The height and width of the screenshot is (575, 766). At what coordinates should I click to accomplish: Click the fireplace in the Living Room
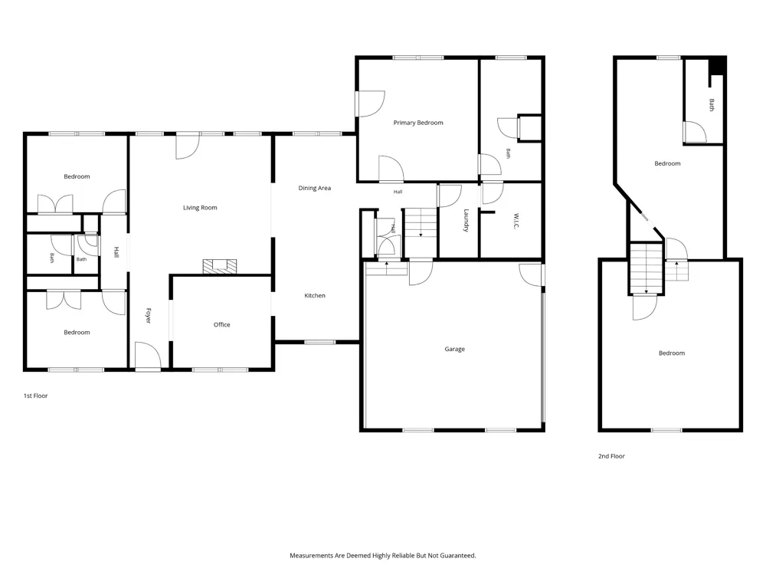click(x=220, y=266)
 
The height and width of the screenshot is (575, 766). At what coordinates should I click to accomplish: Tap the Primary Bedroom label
click(x=418, y=123)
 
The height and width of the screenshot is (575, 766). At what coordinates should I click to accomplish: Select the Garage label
click(x=454, y=349)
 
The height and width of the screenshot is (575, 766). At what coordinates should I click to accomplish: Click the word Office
click(x=222, y=324)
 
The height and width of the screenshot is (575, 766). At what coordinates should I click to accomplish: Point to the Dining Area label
click(x=315, y=189)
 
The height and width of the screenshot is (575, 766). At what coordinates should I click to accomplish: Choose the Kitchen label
click(x=315, y=295)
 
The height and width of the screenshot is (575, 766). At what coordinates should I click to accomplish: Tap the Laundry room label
click(x=466, y=221)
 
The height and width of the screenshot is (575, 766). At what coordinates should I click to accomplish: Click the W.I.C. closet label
click(x=517, y=221)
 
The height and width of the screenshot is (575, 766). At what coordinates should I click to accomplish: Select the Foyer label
click(x=149, y=315)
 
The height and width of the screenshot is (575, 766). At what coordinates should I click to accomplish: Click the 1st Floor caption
click(x=36, y=396)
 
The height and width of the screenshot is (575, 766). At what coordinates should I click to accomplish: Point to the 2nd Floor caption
click(x=611, y=456)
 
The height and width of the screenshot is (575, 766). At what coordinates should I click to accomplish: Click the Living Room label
click(x=200, y=208)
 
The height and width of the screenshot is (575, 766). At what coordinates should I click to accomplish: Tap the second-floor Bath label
click(x=712, y=105)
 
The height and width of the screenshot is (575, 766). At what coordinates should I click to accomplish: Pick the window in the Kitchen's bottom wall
click(x=319, y=342)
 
